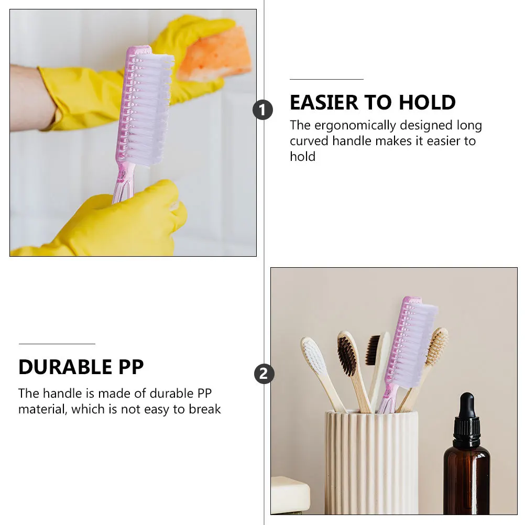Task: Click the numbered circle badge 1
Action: [263, 110]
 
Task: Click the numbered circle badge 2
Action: [264, 374]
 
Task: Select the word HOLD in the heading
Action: [427, 103]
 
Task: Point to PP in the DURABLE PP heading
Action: [130, 367]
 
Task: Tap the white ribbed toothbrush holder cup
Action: [371, 461]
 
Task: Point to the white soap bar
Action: [290, 495]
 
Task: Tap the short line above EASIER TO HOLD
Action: [326, 79]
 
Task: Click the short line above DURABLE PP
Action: [57, 344]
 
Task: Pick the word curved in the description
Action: [310, 141]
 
